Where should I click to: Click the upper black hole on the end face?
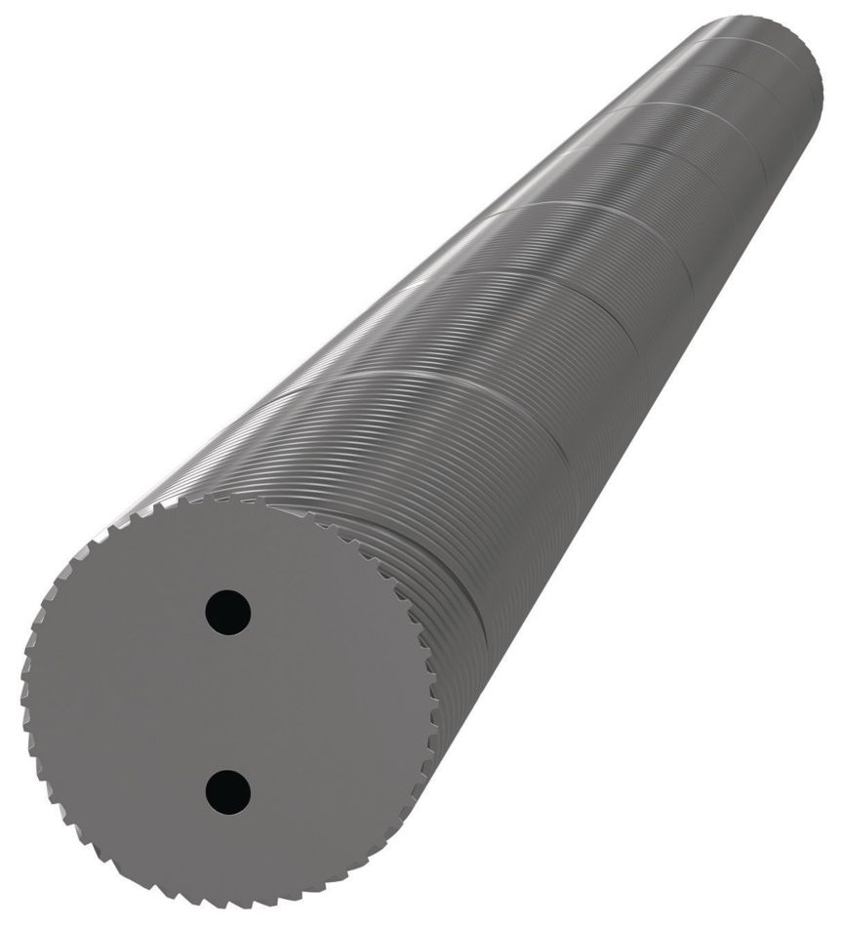(229, 613)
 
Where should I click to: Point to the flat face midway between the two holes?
(229, 700)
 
